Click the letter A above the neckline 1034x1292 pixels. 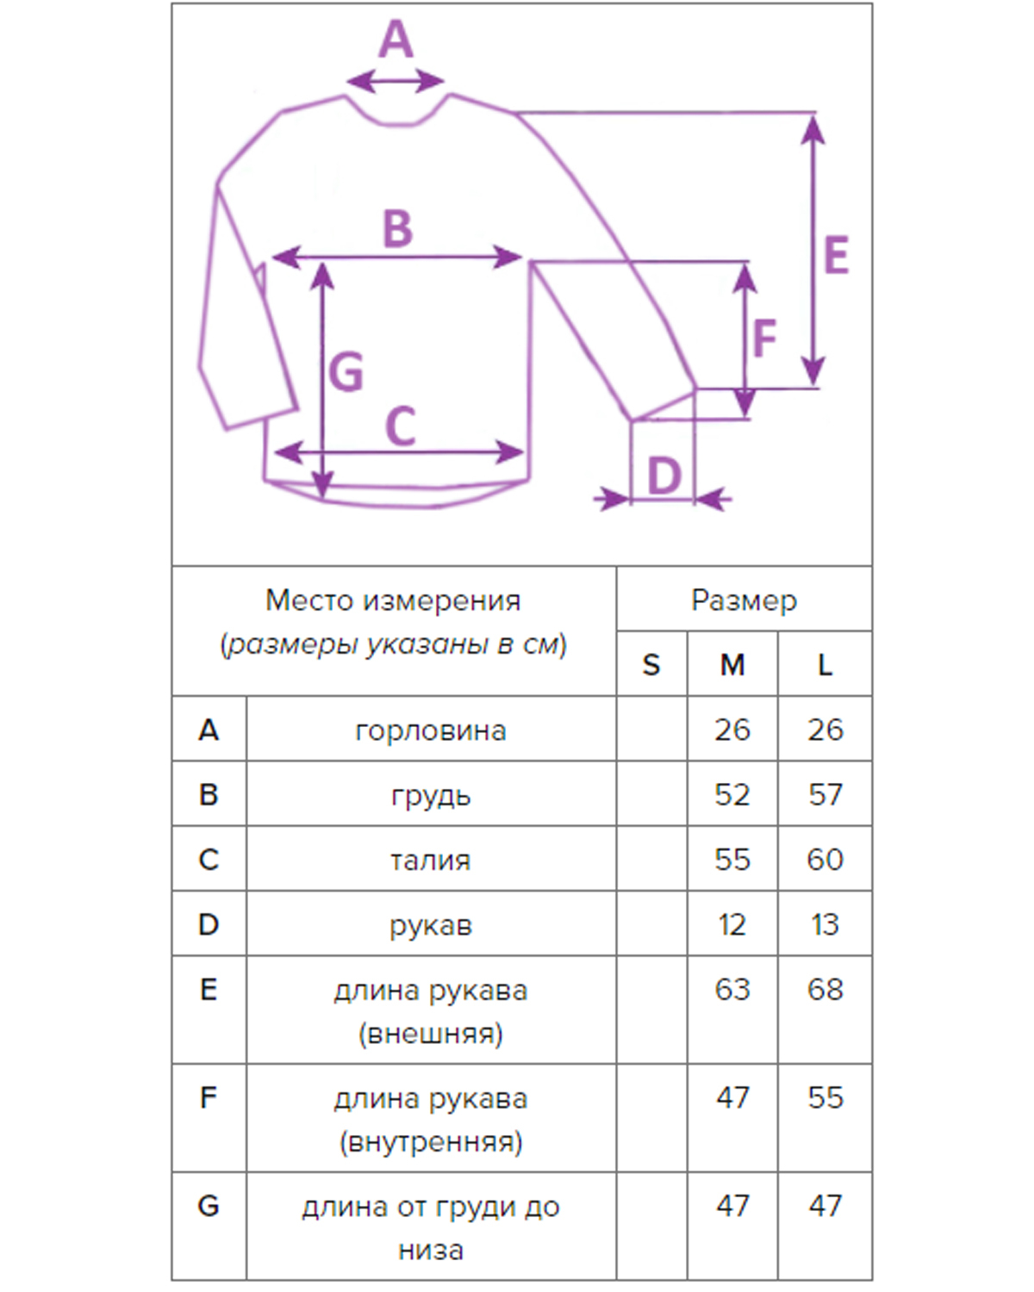[396, 40]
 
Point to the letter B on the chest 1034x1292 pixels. [397, 229]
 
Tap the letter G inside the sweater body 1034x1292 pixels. [346, 372]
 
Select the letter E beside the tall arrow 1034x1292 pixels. [836, 256]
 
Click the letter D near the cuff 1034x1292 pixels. [663, 476]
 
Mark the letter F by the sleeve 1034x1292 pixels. [764, 339]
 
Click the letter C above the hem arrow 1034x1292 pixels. [401, 426]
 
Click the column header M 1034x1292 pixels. [732, 665]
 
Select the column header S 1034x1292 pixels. [651, 665]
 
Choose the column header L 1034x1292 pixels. [825, 665]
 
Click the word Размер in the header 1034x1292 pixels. [744, 600]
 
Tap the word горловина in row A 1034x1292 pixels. [431, 730]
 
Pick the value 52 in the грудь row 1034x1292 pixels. [732, 794]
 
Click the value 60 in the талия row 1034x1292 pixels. [825, 859]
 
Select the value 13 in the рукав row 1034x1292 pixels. [825, 924]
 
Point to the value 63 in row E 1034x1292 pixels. [732, 989]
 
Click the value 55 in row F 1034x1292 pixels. [825, 1097]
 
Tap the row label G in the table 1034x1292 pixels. [209, 1206]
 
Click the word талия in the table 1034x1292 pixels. [431, 860]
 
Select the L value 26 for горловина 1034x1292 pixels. [825, 730]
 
